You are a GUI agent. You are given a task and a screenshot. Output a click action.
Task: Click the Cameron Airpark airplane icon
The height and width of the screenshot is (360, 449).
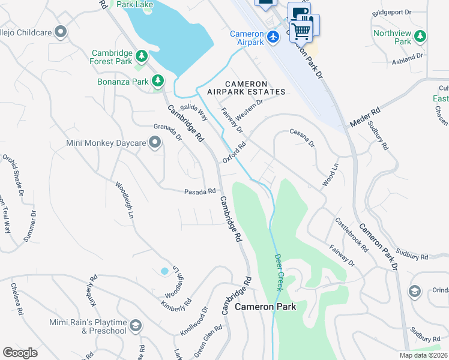pyautogui.click(x=274, y=37)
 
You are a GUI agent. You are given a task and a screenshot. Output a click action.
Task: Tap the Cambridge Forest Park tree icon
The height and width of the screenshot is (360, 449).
pyautogui.click(x=142, y=57)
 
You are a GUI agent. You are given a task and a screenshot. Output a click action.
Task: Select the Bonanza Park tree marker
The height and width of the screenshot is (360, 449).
pyautogui.click(x=158, y=80)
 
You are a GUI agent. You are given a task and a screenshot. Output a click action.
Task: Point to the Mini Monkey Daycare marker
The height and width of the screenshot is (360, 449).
pyautogui.click(x=155, y=143)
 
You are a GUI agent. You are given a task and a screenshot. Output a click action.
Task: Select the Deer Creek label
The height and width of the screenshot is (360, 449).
pyautogui.click(x=279, y=272)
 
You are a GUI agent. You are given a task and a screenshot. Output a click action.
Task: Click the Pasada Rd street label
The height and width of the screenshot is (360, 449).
pyautogui.click(x=200, y=191)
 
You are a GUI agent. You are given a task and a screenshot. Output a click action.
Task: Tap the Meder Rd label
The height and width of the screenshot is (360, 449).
pyautogui.click(x=365, y=118)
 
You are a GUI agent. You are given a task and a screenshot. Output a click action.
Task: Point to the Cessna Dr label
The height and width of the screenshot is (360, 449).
pyautogui.click(x=302, y=137)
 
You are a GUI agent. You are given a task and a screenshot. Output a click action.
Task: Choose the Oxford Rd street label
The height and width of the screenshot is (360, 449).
pyautogui.click(x=235, y=152)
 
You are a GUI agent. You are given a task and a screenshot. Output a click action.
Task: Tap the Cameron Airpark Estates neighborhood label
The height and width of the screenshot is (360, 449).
pyautogui.click(x=246, y=88)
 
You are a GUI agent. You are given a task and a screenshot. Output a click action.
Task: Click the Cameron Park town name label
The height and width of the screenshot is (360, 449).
pyautogui.click(x=265, y=306)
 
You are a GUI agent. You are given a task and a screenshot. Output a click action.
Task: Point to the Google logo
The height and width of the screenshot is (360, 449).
pyautogui.click(x=20, y=352)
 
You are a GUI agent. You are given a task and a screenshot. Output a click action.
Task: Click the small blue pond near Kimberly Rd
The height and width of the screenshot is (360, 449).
pyautogui.click(x=164, y=271)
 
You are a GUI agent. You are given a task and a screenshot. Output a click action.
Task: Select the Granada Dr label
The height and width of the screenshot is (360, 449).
pyautogui.click(x=167, y=131)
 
